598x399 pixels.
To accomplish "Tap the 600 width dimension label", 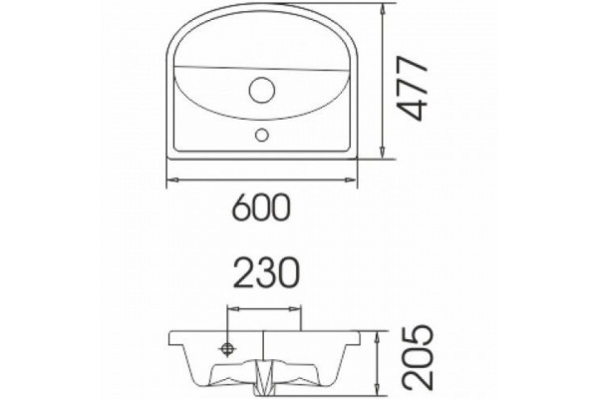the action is click(261, 207).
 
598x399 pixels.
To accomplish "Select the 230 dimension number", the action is click(266, 272).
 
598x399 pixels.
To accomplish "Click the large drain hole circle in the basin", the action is click(262, 90).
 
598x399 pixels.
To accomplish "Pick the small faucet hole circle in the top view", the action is click(261, 135).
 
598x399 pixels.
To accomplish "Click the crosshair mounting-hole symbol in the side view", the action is click(227, 348).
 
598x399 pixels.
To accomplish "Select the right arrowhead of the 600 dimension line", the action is click(351, 180).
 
